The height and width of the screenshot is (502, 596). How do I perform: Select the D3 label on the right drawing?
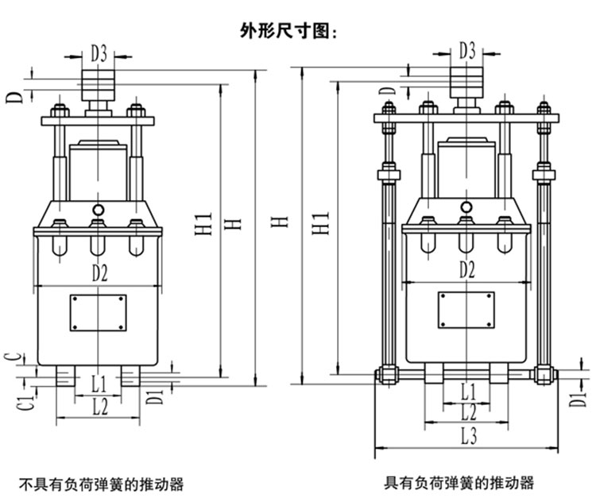(x=468, y=52)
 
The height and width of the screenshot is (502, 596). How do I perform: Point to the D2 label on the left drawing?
(x=99, y=272)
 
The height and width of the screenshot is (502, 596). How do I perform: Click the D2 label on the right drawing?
(x=466, y=269)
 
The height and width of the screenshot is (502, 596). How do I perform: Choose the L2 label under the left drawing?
(x=99, y=407)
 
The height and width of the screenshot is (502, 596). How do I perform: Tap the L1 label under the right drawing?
(x=467, y=390)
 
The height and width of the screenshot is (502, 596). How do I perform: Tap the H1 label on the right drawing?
(x=322, y=223)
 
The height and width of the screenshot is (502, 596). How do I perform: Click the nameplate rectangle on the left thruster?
(x=98, y=313)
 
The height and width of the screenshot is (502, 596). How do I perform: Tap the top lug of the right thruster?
(x=467, y=82)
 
